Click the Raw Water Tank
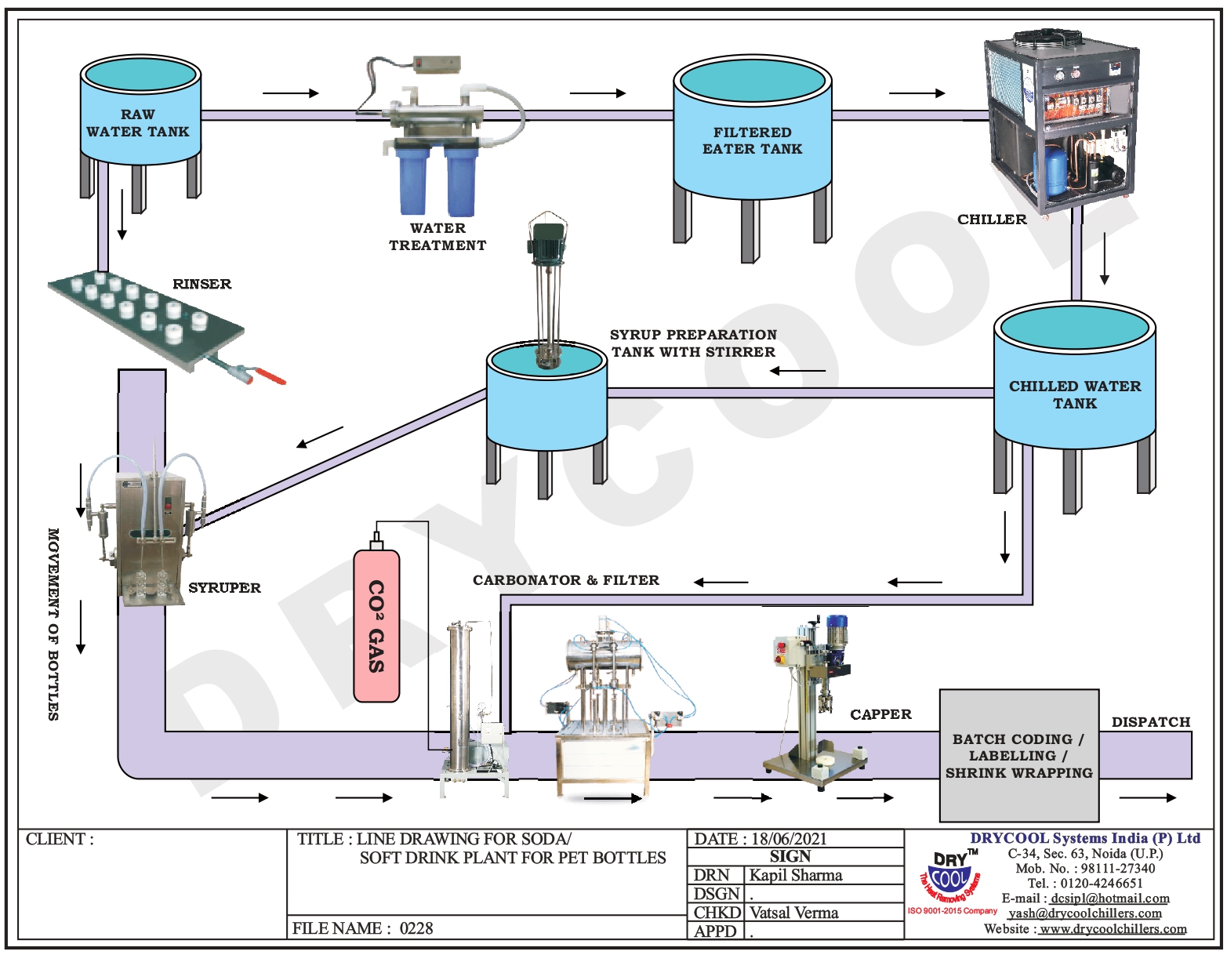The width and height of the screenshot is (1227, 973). pos(140,118)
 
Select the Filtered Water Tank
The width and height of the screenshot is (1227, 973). pos(752,133)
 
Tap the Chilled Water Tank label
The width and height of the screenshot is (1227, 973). pos(1074,394)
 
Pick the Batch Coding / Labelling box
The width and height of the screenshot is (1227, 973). pos(1018,756)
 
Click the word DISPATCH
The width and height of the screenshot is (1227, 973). pos(1150,722)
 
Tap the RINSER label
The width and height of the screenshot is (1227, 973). pos(201,284)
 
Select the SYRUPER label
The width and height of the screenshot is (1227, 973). pos(224,587)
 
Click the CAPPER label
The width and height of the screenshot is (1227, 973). pos(880,714)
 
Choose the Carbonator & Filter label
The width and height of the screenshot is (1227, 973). pos(565,580)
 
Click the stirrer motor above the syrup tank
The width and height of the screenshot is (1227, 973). pos(547,239)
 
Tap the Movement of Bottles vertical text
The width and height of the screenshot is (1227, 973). pos(53,624)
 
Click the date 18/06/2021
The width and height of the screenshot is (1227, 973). pos(789,839)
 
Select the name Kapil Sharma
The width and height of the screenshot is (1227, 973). pos(795,875)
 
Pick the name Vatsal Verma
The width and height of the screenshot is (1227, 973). pos(793,913)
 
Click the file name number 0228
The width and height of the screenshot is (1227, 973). pos(416,928)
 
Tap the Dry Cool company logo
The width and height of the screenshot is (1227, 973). pos(951,877)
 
